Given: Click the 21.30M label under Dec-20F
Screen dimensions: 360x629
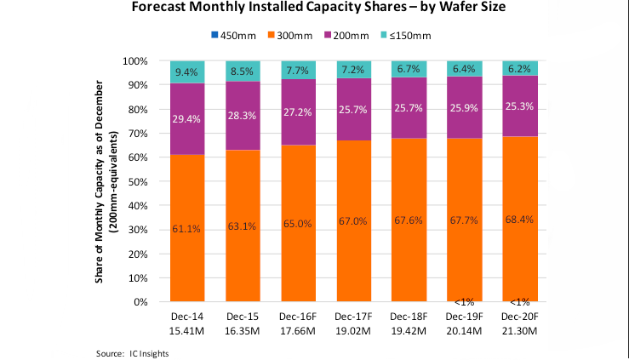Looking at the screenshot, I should [519, 329].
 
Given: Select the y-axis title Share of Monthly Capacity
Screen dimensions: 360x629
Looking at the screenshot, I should [106, 182].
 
